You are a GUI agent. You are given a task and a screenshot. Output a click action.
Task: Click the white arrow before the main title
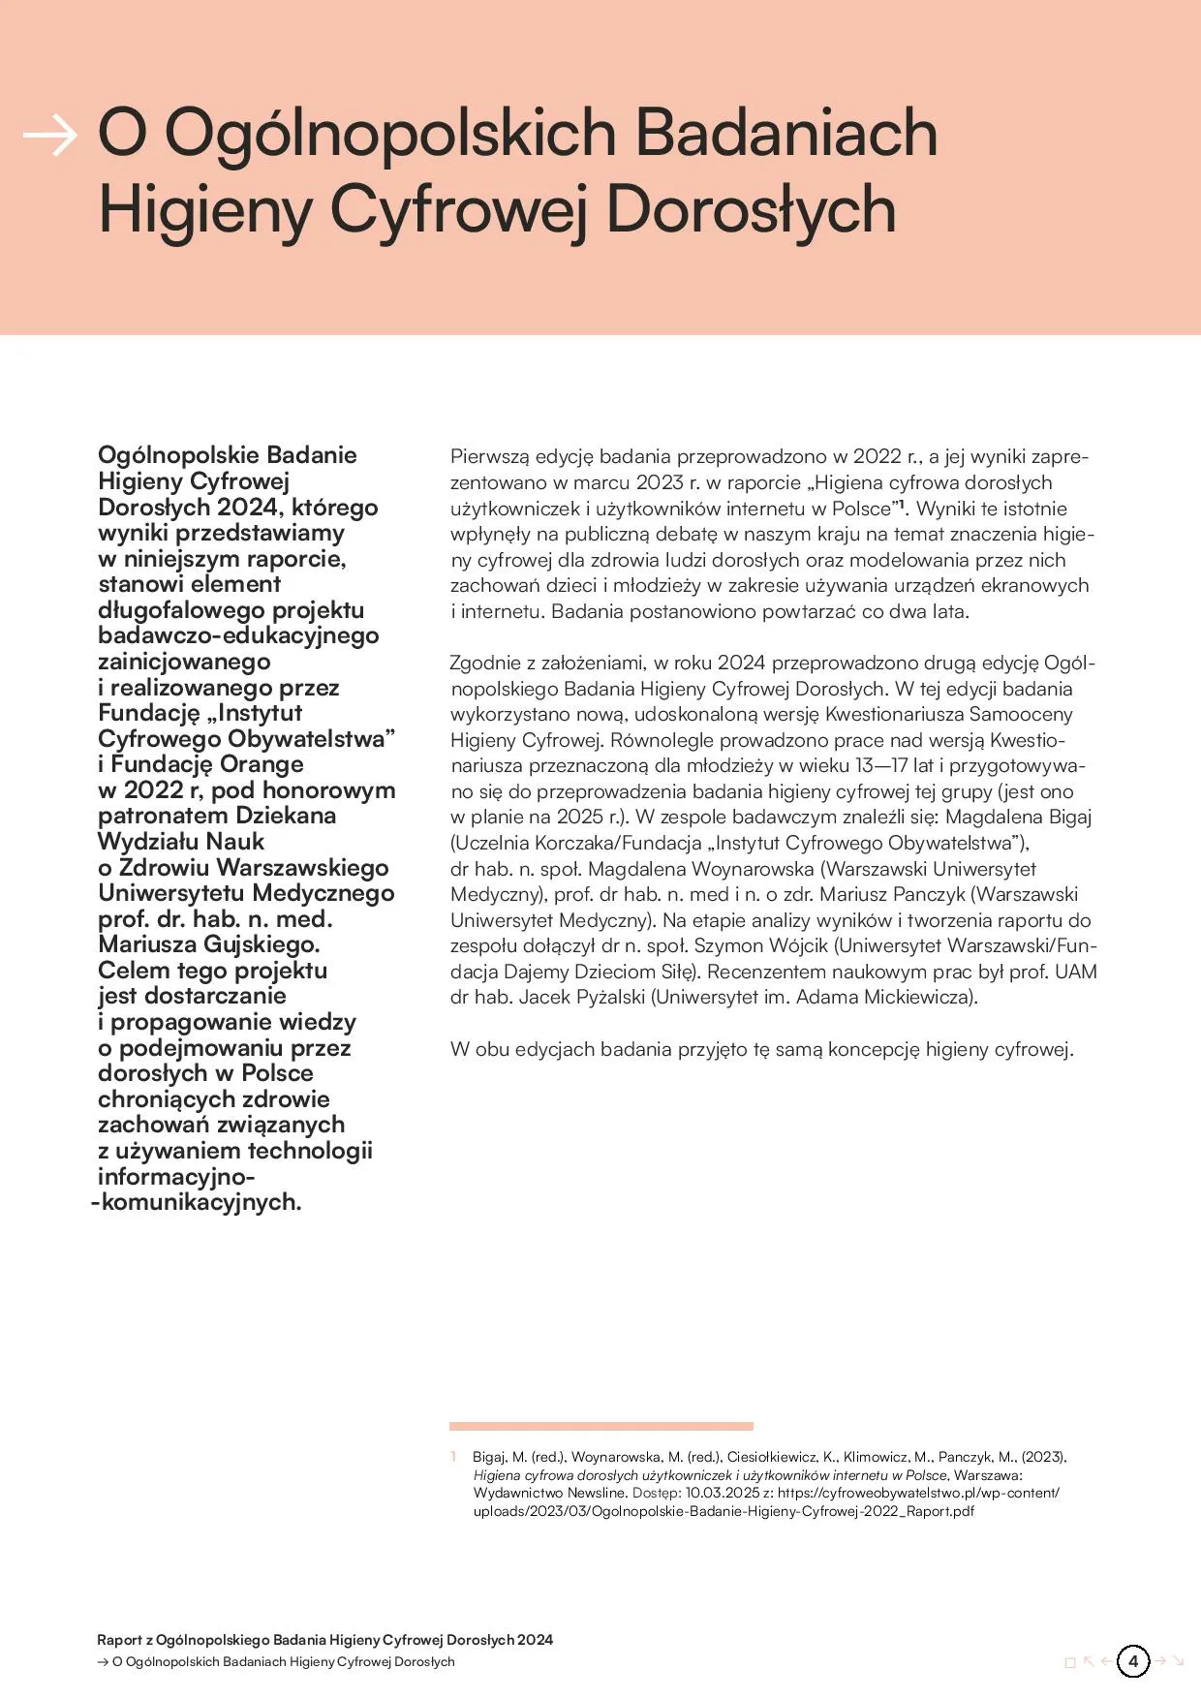pos(49,136)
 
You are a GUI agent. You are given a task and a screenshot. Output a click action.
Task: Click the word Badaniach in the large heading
pos(786,133)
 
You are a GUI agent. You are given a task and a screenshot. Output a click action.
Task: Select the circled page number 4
pos(1132,1661)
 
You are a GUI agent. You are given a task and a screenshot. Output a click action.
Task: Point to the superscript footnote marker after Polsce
pos(900,504)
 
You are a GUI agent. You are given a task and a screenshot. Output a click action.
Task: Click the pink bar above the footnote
pos(600,1426)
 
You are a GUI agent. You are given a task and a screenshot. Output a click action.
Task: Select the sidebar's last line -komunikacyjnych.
pos(197,1202)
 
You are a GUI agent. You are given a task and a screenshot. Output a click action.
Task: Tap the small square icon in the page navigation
pos(1070,1662)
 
